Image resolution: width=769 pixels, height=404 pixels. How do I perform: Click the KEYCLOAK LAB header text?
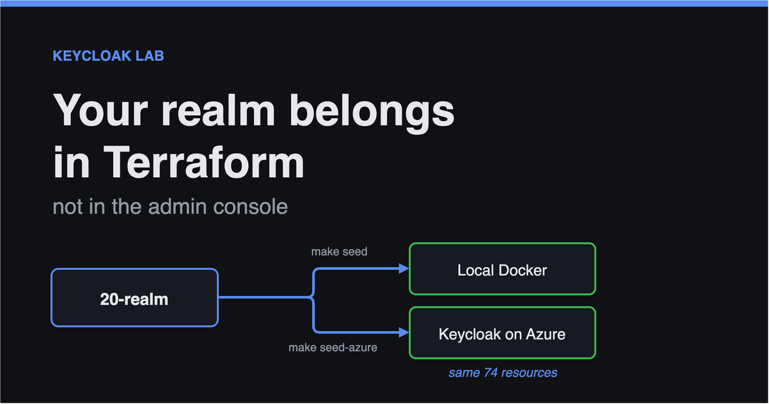pos(108,56)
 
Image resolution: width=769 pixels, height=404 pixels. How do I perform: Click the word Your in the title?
pos(100,111)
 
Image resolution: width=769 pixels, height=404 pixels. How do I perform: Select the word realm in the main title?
pos(218,111)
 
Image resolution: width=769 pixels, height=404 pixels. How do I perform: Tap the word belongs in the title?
pos(372,113)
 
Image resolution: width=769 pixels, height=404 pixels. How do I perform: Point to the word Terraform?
pos(204,162)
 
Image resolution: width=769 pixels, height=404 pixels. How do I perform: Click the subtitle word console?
pos(250,207)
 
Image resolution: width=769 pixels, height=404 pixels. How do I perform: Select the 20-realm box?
pos(134,297)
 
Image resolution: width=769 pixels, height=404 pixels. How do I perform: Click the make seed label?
pos(339,252)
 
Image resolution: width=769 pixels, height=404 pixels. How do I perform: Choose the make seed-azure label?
pos(333,348)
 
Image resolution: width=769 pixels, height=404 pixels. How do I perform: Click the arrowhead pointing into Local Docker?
pos(404,268)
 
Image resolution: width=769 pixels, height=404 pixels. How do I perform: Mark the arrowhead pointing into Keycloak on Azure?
pos(404,332)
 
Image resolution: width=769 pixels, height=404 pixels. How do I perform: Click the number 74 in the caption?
pos(491,373)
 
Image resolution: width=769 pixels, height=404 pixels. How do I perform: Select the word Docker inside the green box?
pos(523,270)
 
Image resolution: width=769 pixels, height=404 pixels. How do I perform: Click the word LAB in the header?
pos(150,56)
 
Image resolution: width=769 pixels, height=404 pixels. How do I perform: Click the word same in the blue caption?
pos(464,373)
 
